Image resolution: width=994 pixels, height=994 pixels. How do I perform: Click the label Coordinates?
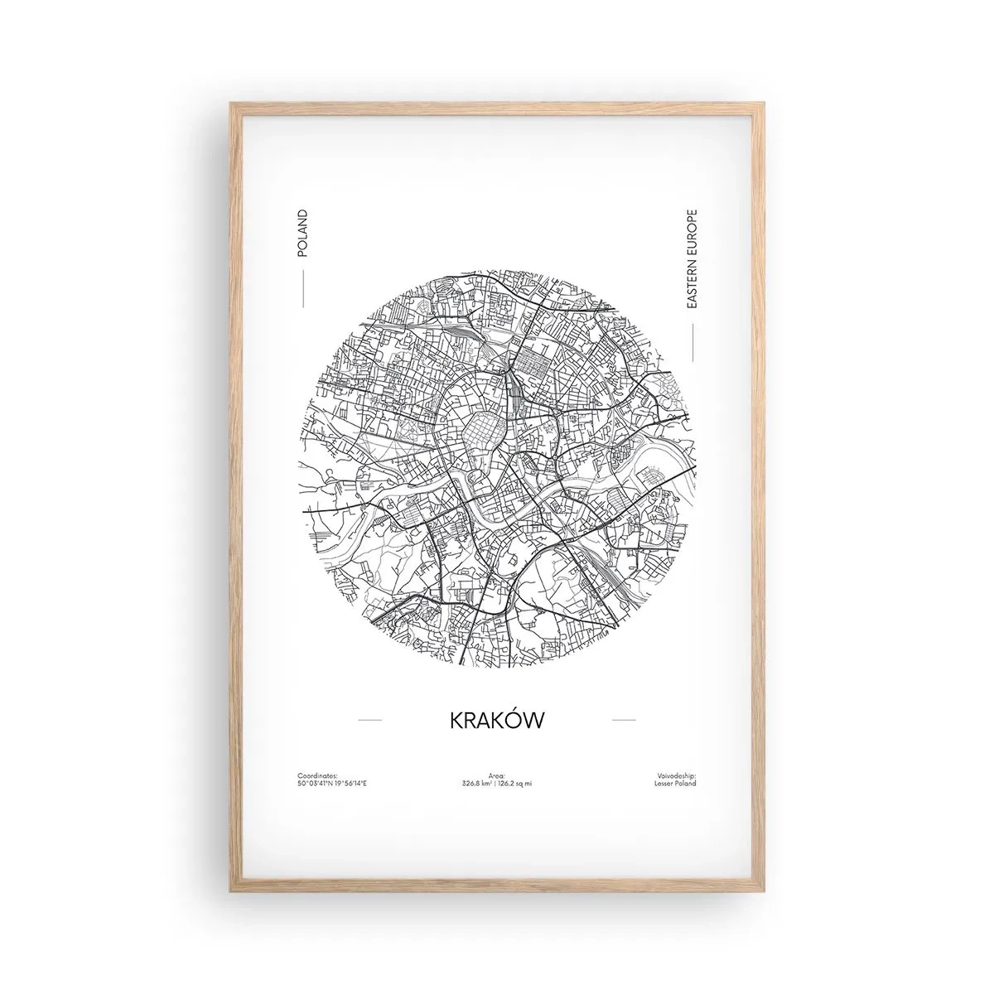click(315, 752)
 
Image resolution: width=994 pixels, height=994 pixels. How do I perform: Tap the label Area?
click(497, 752)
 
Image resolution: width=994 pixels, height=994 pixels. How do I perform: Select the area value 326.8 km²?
click(479, 760)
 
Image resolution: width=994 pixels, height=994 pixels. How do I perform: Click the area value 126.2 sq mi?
click(515, 760)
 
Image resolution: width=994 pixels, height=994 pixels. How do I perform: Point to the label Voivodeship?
click(678, 752)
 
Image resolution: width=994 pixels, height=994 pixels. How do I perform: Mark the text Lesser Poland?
click(679, 760)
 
